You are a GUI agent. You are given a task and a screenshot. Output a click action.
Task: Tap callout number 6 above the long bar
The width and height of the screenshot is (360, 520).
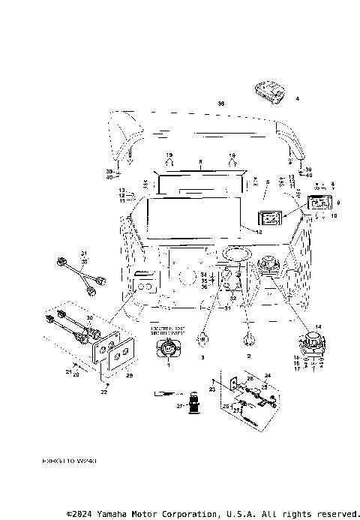point(200,162)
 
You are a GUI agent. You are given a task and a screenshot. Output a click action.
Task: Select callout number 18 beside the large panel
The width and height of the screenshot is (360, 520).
point(259,233)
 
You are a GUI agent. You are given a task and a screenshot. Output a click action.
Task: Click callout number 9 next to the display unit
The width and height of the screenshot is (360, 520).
point(338,203)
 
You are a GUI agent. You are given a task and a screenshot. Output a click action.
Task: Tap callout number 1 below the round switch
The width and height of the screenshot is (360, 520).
point(168,365)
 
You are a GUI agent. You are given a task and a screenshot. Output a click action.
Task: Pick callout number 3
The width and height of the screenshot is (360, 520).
point(202,359)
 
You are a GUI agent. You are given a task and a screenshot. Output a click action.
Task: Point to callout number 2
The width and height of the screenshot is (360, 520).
point(248,359)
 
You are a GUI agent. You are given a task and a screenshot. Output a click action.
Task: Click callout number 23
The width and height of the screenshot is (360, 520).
point(212,389)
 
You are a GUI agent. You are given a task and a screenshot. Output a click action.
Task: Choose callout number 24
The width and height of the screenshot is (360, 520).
point(267,374)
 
